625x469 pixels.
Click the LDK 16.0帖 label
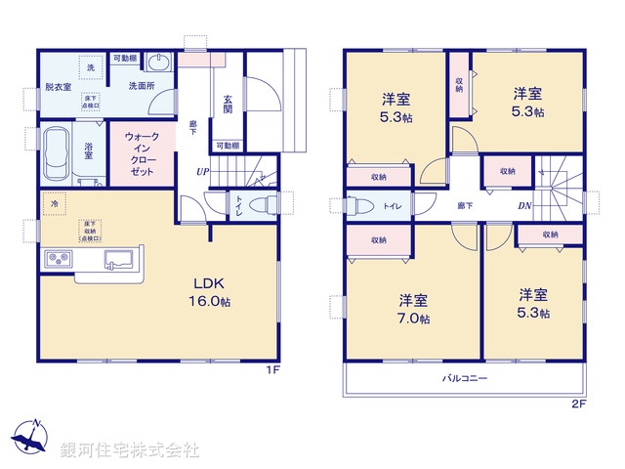coord(215,291)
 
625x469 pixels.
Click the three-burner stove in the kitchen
coord(57,259)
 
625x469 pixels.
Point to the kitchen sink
coord(119,260)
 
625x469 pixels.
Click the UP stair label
coord(202,173)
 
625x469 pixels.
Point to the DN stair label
coord(524,206)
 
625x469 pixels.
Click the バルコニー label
coord(464,377)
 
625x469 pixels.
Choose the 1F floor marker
coord(274,371)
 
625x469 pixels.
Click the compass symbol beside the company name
coord(30,437)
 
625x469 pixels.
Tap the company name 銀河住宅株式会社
coord(129,450)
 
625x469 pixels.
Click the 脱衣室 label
coord(58,89)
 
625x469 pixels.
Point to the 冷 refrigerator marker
coord(54,206)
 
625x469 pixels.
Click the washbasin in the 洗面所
coord(160,64)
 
